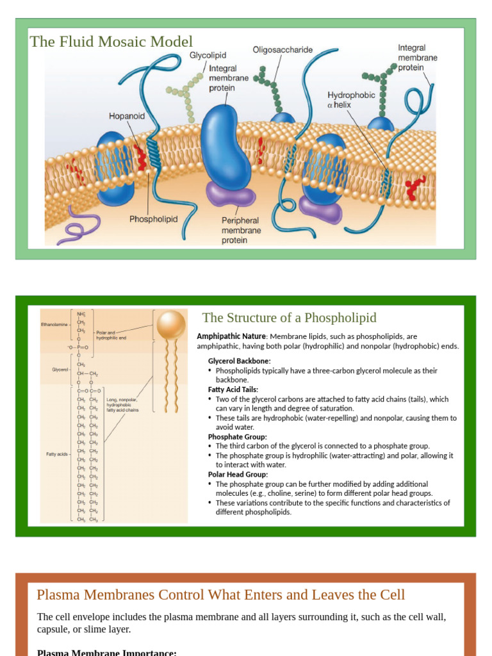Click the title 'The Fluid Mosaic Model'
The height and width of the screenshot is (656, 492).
click(111, 42)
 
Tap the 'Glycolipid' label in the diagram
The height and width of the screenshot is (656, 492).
click(208, 56)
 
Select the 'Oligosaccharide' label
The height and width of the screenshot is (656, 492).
click(283, 49)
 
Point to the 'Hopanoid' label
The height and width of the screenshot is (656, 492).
click(126, 117)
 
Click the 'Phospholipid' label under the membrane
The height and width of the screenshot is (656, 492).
click(154, 219)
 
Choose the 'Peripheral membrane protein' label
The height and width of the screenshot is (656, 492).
click(241, 231)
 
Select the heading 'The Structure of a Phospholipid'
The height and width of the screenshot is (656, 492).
click(290, 318)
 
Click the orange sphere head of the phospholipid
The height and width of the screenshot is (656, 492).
click(172, 325)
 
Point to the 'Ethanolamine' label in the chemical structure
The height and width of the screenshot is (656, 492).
click(54, 325)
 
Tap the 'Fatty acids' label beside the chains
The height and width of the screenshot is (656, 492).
click(57, 454)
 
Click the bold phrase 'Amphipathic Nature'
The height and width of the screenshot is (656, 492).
click(231, 336)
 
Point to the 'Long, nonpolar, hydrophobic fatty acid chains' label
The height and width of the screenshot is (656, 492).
click(122, 405)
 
